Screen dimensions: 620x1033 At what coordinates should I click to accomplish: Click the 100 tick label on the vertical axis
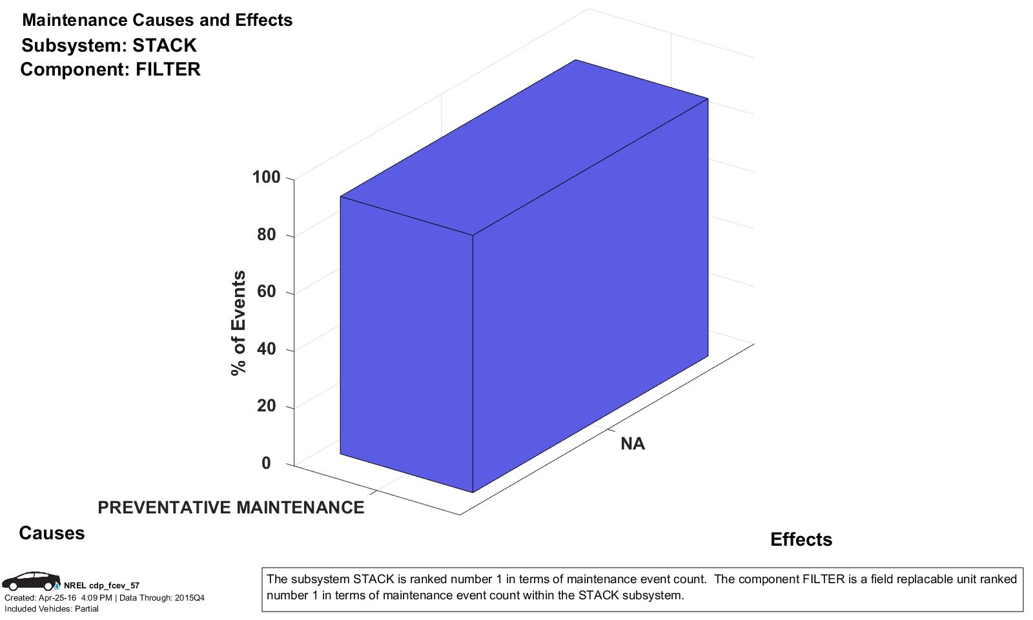(x=266, y=177)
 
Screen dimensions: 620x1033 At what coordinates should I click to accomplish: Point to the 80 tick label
(x=266, y=234)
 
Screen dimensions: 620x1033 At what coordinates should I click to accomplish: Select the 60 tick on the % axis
(x=266, y=291)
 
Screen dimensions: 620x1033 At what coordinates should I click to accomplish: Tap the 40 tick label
(x=266, y=349)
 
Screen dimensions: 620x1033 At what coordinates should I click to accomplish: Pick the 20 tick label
(x=266, y=406)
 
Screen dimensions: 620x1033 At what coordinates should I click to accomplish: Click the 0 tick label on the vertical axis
(x=266, y=463)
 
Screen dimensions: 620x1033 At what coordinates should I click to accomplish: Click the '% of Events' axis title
(x=239, y=322)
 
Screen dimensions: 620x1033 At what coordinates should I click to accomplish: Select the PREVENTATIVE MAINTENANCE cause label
(x=230, y=508)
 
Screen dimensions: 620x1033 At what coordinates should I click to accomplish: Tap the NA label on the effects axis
(x=633, y=444)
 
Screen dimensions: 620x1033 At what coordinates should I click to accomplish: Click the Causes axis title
(x=52, y=533)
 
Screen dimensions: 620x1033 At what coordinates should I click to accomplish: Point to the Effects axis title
(x=801, y=539)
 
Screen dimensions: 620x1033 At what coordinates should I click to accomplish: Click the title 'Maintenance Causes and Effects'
(x=157, y=20)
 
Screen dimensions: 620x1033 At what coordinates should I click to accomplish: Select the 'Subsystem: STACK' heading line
(x=108, y=45)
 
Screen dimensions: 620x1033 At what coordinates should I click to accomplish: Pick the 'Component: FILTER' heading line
(x=110, y=69)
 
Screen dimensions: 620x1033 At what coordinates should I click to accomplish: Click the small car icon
(x=30, y=581)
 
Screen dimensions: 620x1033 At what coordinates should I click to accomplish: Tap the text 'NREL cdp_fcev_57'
(x=101, y=586)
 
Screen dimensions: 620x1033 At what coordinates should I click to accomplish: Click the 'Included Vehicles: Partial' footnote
(x=52, y=608)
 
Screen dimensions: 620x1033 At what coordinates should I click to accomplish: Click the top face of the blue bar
(x=524, y=147)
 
